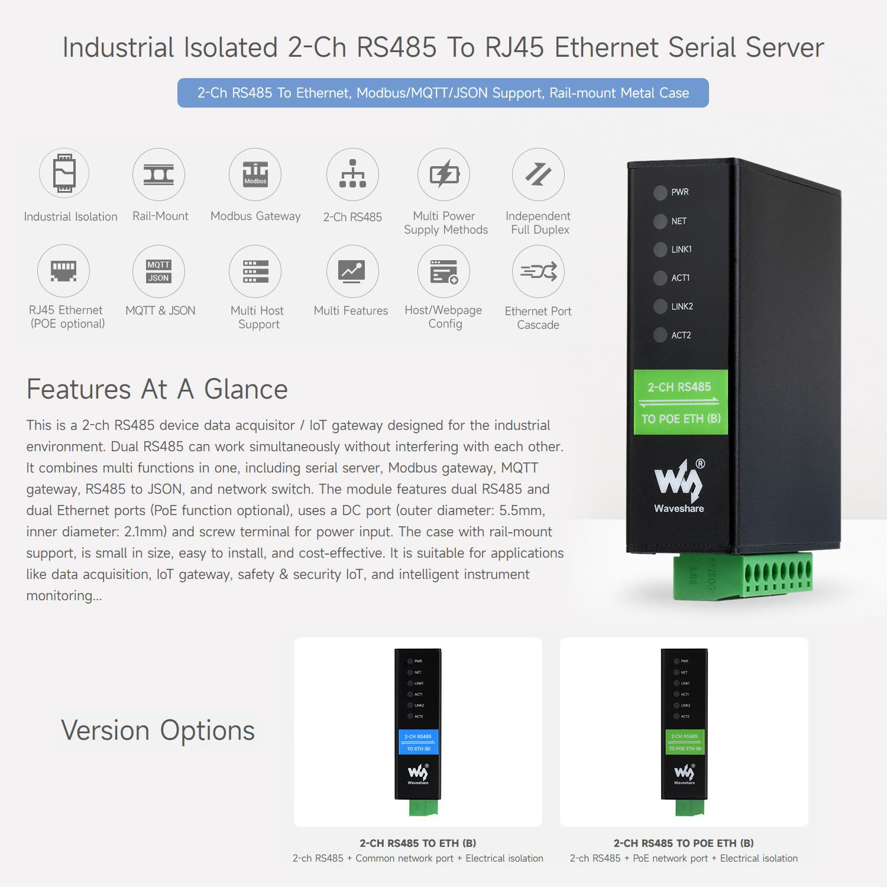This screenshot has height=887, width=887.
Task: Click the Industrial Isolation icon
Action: click(64, 173)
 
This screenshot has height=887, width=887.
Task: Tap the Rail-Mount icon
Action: click(158, 174)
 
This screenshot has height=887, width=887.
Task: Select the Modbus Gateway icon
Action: click(255, 174)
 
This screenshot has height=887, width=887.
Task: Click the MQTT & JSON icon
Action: click(158, 271)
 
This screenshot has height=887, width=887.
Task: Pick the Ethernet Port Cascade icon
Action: click(538, 271)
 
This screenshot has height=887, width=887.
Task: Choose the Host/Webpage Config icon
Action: click(444, 271)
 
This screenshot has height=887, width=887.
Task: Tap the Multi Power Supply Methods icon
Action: click(444, 174)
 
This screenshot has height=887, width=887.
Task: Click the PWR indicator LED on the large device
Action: click(661, 192)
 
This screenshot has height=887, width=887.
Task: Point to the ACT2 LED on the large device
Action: click(661, 335)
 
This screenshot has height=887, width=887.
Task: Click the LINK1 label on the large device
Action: click(681, 250)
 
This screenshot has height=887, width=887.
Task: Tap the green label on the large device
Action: click(681, 402)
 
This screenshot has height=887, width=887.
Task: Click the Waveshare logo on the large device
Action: click(679, 485)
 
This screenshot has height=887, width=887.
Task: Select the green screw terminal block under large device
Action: click(743, 576)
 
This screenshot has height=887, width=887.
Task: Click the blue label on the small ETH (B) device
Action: click(418, 742)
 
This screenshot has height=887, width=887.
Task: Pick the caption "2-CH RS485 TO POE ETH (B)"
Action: click(684, 843)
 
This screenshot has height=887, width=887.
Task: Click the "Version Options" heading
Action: click(158, 730)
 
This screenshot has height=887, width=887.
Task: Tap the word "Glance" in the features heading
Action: click(245, 390)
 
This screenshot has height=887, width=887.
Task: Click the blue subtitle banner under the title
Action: click(443, 93)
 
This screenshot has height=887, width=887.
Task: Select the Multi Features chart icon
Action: click(352, 271)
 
